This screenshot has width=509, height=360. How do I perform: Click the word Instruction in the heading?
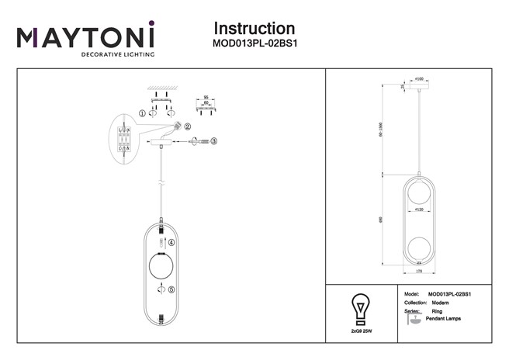[x=253, y=29]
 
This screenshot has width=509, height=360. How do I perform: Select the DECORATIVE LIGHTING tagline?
[x=118, y=56]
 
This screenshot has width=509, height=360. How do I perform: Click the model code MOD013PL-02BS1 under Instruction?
[x=254, y=45]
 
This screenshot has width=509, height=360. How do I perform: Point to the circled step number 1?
[x=142, y=113]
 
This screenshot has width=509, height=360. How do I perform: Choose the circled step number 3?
[x=214, y=141]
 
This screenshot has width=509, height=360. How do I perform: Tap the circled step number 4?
[x=172, y=243]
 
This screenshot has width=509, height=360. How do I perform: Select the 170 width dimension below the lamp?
[x=420, y=272]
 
